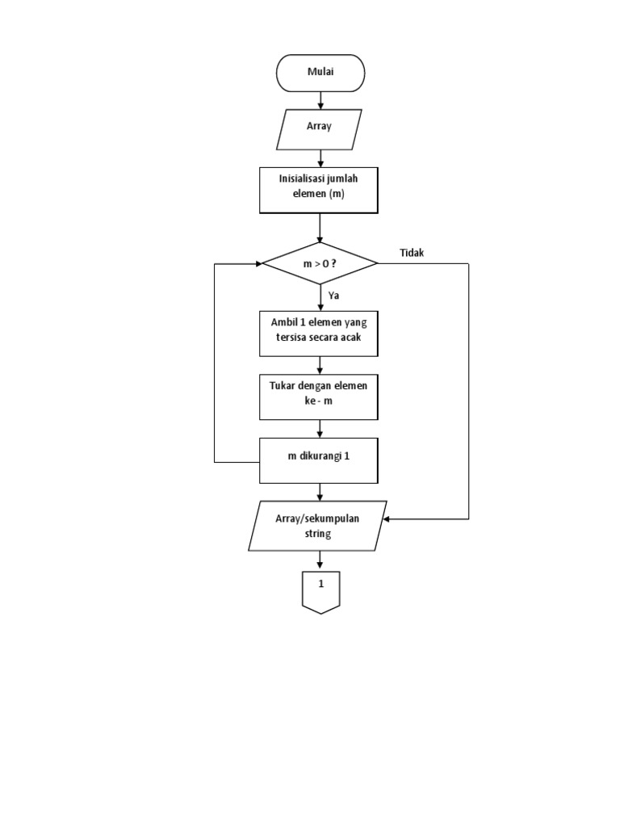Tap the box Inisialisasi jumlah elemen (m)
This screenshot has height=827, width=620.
pos(319,191)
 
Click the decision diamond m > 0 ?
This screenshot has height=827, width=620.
pos(320,263)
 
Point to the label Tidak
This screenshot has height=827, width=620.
pos(412,253)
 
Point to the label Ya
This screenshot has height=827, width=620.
pos(333,296)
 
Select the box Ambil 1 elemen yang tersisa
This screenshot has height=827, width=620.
pos(319,333)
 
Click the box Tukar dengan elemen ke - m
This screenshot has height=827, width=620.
pos(319,397)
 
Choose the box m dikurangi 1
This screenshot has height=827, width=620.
pos(319,460)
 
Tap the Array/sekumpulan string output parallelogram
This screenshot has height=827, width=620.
pos(317,526)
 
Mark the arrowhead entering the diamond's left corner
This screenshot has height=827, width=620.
pos(259,263)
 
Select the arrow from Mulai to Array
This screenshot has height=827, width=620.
pos(321,100)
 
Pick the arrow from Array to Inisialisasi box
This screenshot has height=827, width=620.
pos(321,158)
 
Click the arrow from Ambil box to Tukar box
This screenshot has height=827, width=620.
pos(321,364)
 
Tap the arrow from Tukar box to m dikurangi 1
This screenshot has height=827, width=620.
pos(321,428)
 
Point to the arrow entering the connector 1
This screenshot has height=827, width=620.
pos(321,560)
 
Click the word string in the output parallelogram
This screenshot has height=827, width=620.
pos(317,534)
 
